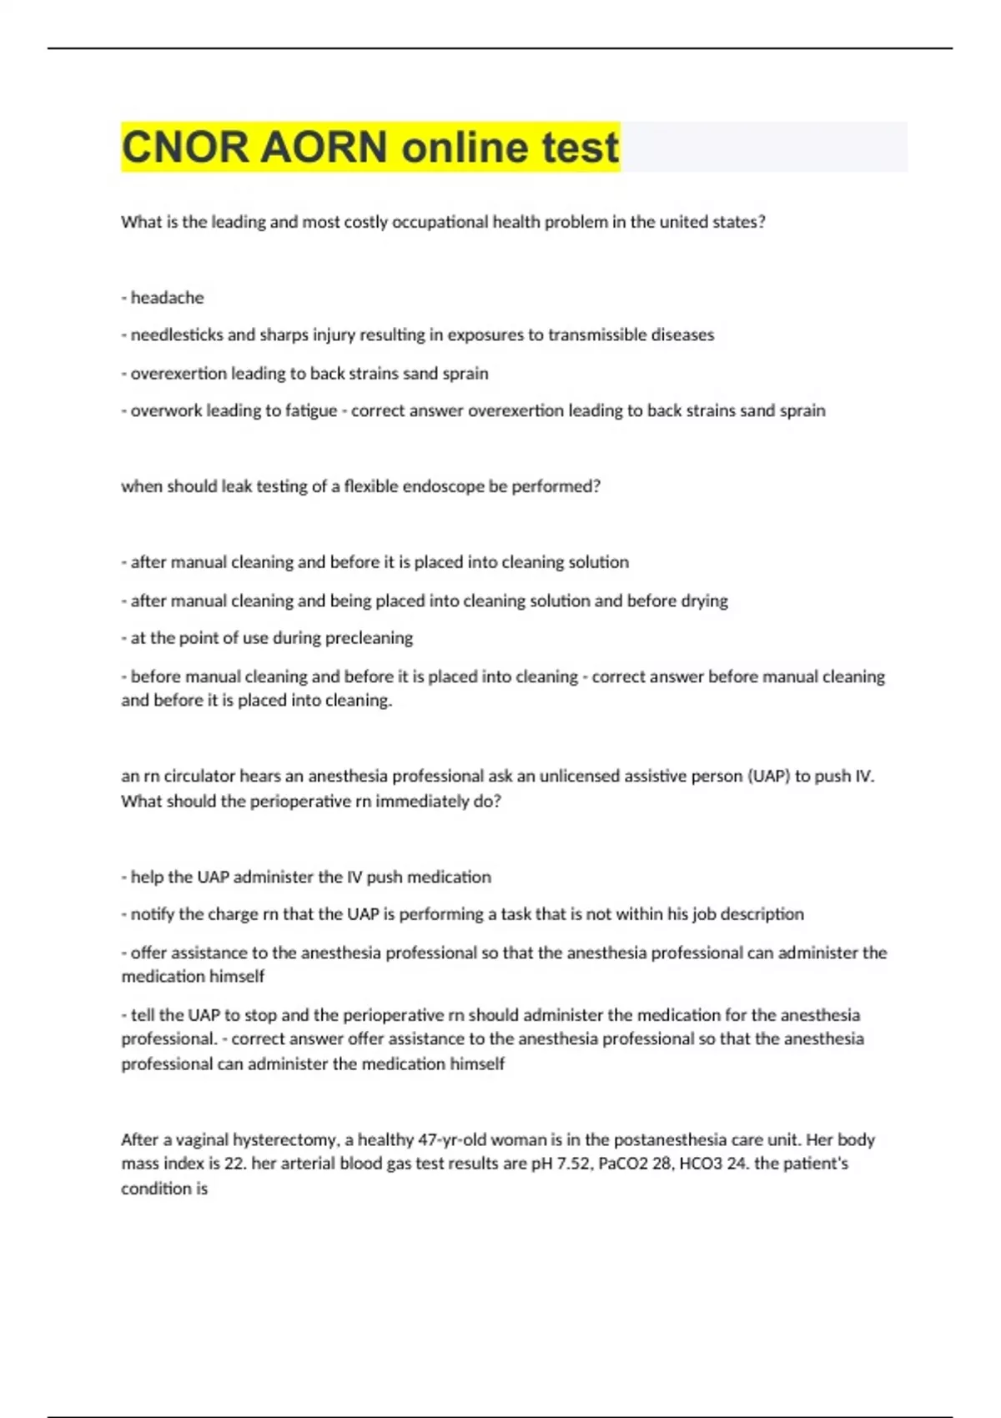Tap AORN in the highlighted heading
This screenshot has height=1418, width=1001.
tap(324, 148)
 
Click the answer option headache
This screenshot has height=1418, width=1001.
tap(167, 298)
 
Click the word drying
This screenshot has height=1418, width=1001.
tap(704, 601)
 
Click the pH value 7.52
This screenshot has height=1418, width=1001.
tap(574, 1164)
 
